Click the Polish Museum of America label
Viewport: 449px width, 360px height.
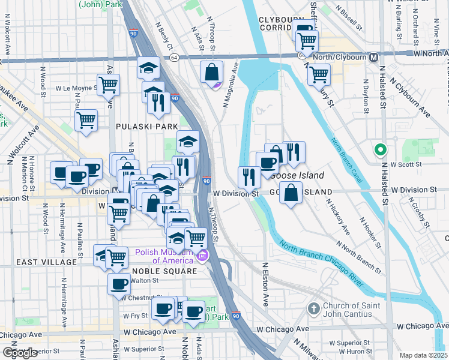pyautogui.click(x=165, y=256)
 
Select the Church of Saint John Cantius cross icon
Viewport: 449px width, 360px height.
pyautogui.click(x=313, y=309)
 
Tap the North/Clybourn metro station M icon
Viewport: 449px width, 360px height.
pyautogui.click(x=374, y=57)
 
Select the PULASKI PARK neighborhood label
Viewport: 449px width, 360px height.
pyautogui.click(x=147, y=127)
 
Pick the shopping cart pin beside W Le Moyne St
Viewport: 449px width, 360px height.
pyautogui.click(x=108, y=85)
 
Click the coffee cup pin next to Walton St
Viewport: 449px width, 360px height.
pyautogui.click(x=119, y=284)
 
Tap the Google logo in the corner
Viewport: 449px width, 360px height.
pyautogui.click(x=19, y=353)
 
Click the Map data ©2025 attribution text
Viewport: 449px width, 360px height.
pyautogui.click(x=424, y=355)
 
